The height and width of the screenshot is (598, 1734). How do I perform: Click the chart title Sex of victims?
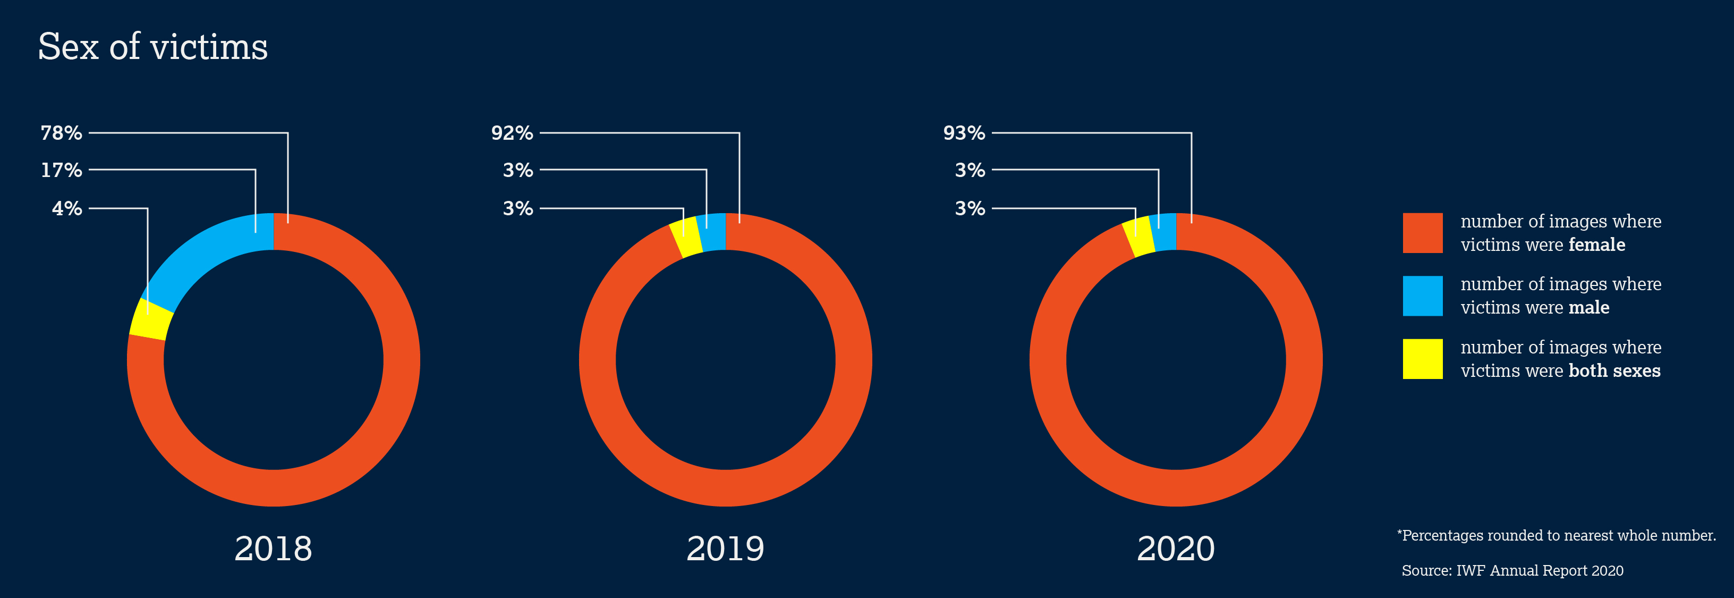pos(153,47)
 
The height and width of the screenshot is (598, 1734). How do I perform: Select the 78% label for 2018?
pos(61,133)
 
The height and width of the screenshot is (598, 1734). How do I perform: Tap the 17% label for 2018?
pos(61,170)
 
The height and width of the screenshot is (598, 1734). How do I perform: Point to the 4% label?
pos(67,208)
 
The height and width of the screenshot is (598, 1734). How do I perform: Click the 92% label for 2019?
pos(512,133)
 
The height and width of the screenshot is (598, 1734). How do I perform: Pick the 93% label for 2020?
pos(964,133)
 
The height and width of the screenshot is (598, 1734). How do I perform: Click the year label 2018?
pos(273,548)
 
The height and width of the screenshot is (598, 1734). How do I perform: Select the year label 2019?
pos(725,548)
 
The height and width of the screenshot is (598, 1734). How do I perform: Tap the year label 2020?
pos(1176,548)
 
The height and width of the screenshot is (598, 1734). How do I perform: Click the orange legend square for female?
pos(1422,233)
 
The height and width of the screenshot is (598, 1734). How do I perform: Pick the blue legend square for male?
pos(1422,296)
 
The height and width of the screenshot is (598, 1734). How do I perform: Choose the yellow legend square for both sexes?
pos(1422,359)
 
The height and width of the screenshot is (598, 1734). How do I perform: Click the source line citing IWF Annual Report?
pos(1512,570)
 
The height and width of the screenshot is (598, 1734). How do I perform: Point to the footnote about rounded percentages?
pos(1556,535)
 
